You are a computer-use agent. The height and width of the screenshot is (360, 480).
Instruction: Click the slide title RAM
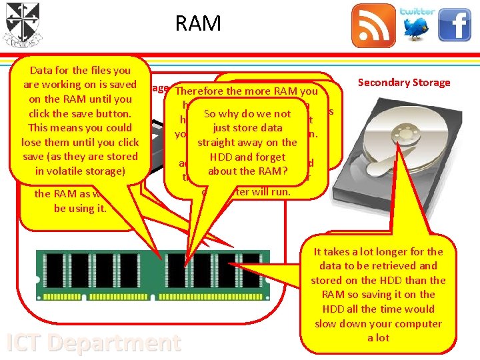198,23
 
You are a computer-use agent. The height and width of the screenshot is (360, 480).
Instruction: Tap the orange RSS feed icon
373,25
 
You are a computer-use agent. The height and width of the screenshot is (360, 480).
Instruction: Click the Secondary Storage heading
403,83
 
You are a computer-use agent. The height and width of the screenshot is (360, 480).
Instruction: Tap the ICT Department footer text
93,343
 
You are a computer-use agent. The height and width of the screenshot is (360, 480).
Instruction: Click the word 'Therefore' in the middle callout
201,91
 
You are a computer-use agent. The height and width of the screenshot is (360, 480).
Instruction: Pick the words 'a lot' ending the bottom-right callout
379,338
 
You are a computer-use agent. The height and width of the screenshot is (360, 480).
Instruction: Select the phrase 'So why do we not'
247,114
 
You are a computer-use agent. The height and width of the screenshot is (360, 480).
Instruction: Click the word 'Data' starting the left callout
41,70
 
